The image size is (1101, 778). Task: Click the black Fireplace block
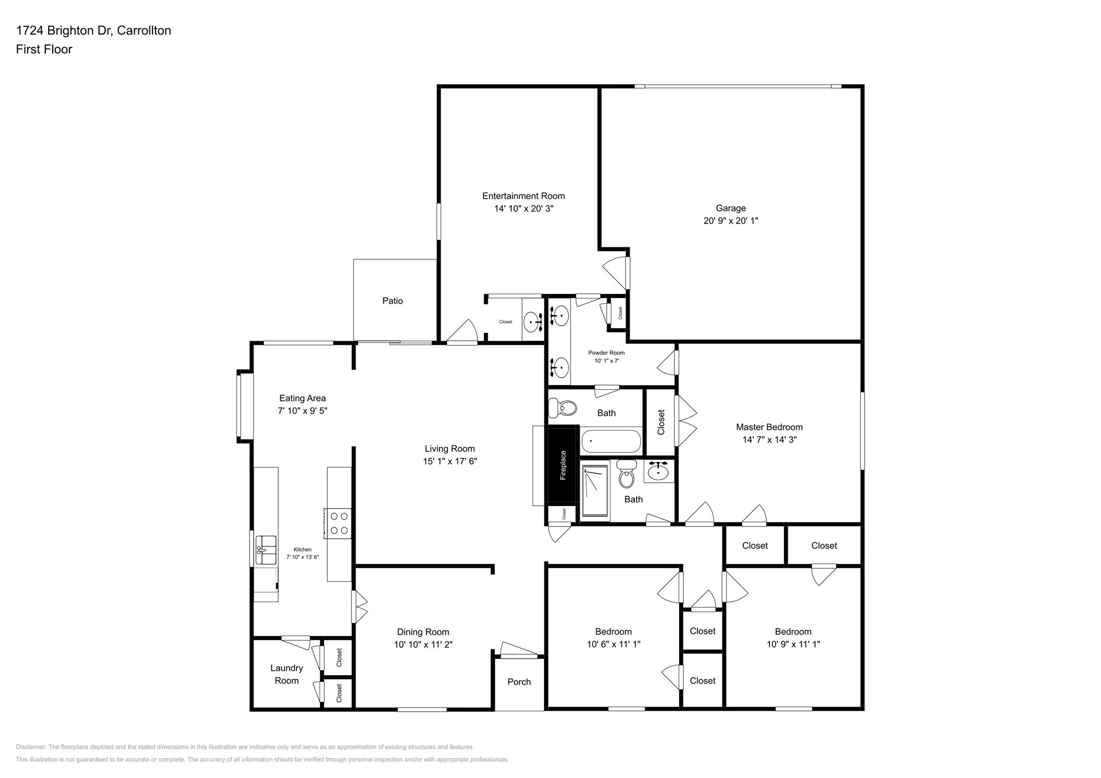click(562, 465)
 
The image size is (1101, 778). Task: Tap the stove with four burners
click(338, 523)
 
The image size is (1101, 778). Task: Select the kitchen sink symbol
click(266, 550)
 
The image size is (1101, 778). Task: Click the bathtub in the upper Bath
click(611, 441)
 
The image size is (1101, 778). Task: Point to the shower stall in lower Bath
click(595, 490)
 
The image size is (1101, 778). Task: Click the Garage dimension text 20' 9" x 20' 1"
click(730, 221)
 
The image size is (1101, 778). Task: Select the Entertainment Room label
click(523, 196)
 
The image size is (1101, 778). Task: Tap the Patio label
click(392, 301)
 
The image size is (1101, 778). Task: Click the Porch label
click(518, 682)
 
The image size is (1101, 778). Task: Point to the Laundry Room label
click(286, 674)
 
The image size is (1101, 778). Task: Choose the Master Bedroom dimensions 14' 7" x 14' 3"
click(769, 440)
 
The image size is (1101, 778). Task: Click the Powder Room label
click(606, 353)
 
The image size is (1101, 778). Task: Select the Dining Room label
click(422, 632)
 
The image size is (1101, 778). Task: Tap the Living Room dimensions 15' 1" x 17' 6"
click(449, 461)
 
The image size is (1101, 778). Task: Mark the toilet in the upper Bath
click(563, 408)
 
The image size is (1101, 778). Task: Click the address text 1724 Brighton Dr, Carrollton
click(93, 31)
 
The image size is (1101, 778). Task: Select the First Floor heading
click(44, 50)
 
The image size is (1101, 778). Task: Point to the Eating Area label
click(302, 398)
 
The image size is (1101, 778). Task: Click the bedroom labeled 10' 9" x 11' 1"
click(792, 638)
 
